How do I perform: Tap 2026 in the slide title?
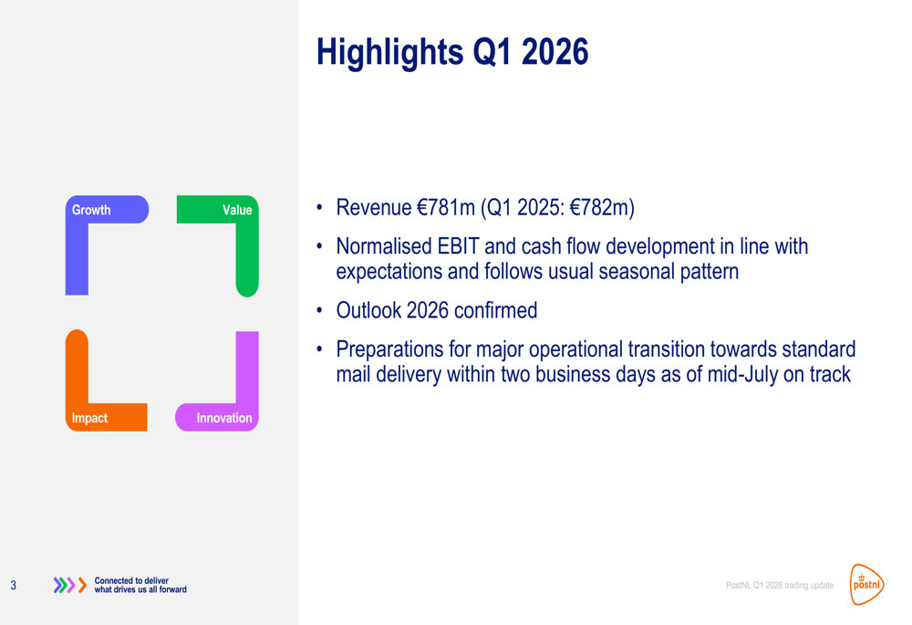click(554, 52)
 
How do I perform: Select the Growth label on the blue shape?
click(91, 210)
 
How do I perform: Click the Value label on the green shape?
click(237, 210)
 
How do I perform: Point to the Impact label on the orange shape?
click(89, 418)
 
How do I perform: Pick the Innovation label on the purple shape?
click(224, 418)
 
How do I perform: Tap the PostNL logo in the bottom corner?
click(866, 584)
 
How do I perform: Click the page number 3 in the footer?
click(13, 585)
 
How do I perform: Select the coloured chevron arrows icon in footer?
click(70, 585)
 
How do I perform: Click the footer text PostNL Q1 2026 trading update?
click(779, 585)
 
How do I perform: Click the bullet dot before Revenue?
click(320, 208)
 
